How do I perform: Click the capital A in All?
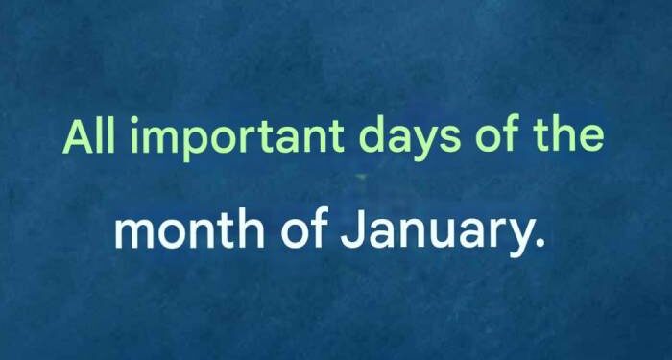[x=79, y=137]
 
